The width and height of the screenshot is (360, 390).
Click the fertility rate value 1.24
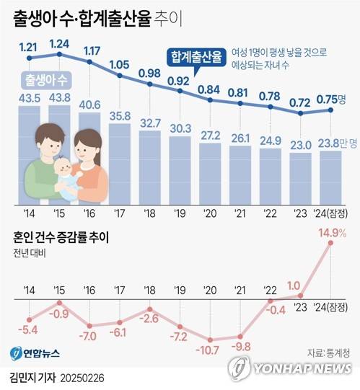click(59, 43)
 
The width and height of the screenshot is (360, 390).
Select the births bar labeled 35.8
click(120, 162)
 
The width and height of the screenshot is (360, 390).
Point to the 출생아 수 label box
click(48, 77)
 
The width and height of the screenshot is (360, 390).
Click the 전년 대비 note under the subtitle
click(30, 254)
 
